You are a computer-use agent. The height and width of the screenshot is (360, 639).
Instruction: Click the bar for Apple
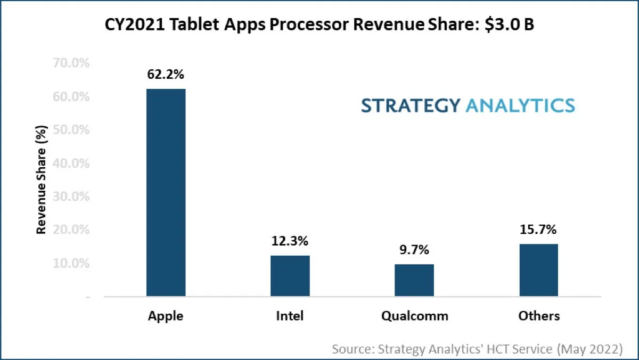[166, 192]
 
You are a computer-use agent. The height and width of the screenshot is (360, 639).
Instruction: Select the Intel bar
[290, 276]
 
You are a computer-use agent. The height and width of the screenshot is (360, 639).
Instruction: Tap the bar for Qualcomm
[414, 280]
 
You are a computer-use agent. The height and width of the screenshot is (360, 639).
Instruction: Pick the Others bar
[539, 270]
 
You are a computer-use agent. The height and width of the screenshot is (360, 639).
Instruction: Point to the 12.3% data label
[290, 241]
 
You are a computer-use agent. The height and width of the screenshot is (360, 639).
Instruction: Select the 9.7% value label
[414, 250]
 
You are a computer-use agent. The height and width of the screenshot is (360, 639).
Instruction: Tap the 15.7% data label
[539, 230]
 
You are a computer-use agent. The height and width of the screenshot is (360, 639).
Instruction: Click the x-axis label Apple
[166, 316]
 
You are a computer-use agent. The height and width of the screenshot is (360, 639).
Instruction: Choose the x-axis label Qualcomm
[414, 316]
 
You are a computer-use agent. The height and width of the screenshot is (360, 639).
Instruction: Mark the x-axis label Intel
[290, 316]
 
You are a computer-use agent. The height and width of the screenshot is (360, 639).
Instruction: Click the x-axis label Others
[539, 316]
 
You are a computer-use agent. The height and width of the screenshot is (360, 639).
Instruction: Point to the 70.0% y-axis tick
[71, 63]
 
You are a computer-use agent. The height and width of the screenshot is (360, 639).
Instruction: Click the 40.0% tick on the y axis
[71, 163]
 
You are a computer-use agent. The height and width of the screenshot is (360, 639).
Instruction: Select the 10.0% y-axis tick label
[71, 264]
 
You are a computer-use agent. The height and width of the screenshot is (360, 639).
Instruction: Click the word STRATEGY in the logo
[410, 105]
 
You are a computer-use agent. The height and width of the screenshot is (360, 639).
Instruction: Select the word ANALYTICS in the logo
[520, 105]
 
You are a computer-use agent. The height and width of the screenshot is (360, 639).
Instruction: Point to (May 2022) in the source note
[589, 349]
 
